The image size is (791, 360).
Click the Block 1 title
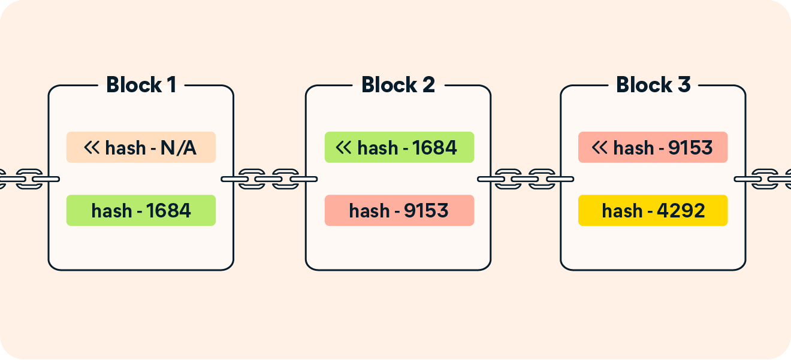[141, 85]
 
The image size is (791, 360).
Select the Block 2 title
[398, 85]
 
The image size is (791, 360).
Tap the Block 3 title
[653, 85]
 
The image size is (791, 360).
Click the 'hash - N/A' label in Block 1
[141, 147]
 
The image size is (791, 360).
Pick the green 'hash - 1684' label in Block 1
[141, 210]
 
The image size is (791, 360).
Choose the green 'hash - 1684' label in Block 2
[399, 147]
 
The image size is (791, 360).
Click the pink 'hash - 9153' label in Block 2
[399, 210]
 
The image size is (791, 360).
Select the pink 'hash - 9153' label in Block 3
[653, 147]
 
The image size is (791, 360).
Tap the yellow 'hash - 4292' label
[653, 210]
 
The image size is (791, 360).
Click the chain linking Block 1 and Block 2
[269, 179]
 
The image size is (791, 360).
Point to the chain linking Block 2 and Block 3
[526, 179]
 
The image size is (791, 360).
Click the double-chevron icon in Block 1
[92, 147]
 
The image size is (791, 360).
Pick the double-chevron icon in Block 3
[600, 147]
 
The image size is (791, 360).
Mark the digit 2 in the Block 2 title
[428, 85]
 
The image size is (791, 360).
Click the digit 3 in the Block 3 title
[683, 85]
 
